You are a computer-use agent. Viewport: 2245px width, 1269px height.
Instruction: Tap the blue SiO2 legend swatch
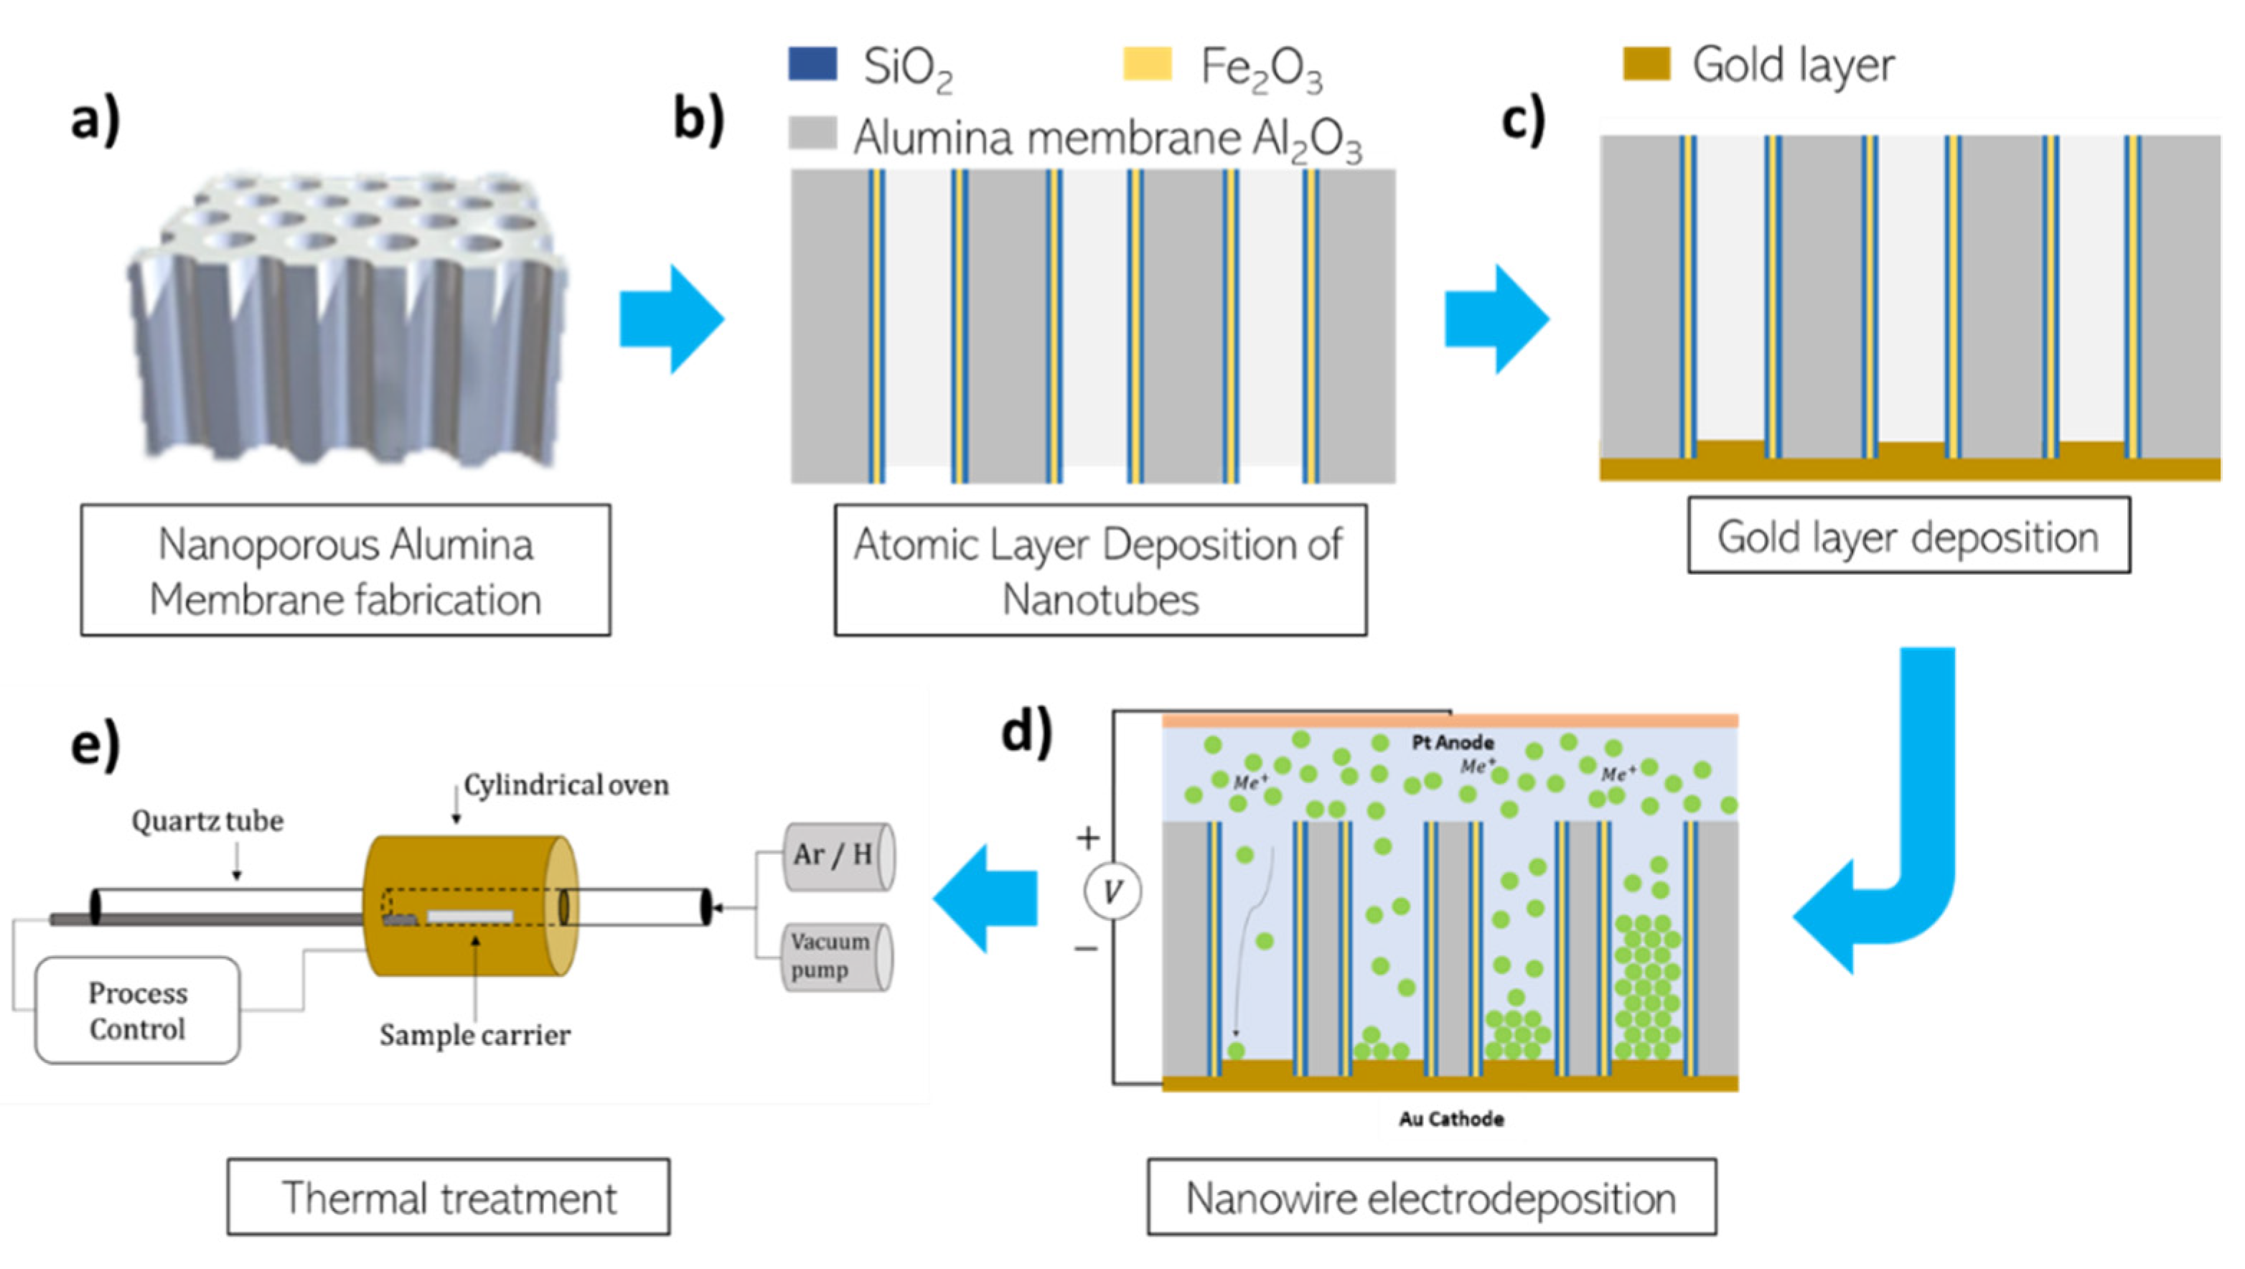(x=812, y=64)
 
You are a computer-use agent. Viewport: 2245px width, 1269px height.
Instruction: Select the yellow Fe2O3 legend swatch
(x=1147, y=64)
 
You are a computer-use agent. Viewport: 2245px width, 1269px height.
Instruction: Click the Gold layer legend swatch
(x=1646, y=64)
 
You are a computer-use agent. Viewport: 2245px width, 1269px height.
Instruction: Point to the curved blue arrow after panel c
(x=1891, y=837)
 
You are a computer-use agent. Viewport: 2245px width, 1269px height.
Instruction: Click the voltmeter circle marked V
(x=1112, y=891)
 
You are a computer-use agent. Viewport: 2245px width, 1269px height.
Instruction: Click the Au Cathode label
(x=1451, y=1118)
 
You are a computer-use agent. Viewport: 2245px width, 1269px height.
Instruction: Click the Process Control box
(x=138, y=1010)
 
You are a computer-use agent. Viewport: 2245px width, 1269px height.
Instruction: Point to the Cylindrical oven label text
(x=566, y=785)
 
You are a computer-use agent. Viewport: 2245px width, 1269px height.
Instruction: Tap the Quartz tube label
(x=207, y=821)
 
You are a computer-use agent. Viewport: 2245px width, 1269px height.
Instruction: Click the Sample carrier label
(x=475, y=1034)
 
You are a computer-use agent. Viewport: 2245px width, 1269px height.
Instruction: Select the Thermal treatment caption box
(x=449, y=1197)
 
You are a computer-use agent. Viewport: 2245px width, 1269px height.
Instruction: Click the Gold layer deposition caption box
(x=1908, y=535)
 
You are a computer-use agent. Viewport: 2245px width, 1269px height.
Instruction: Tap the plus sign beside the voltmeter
(x=1087, y=838)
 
